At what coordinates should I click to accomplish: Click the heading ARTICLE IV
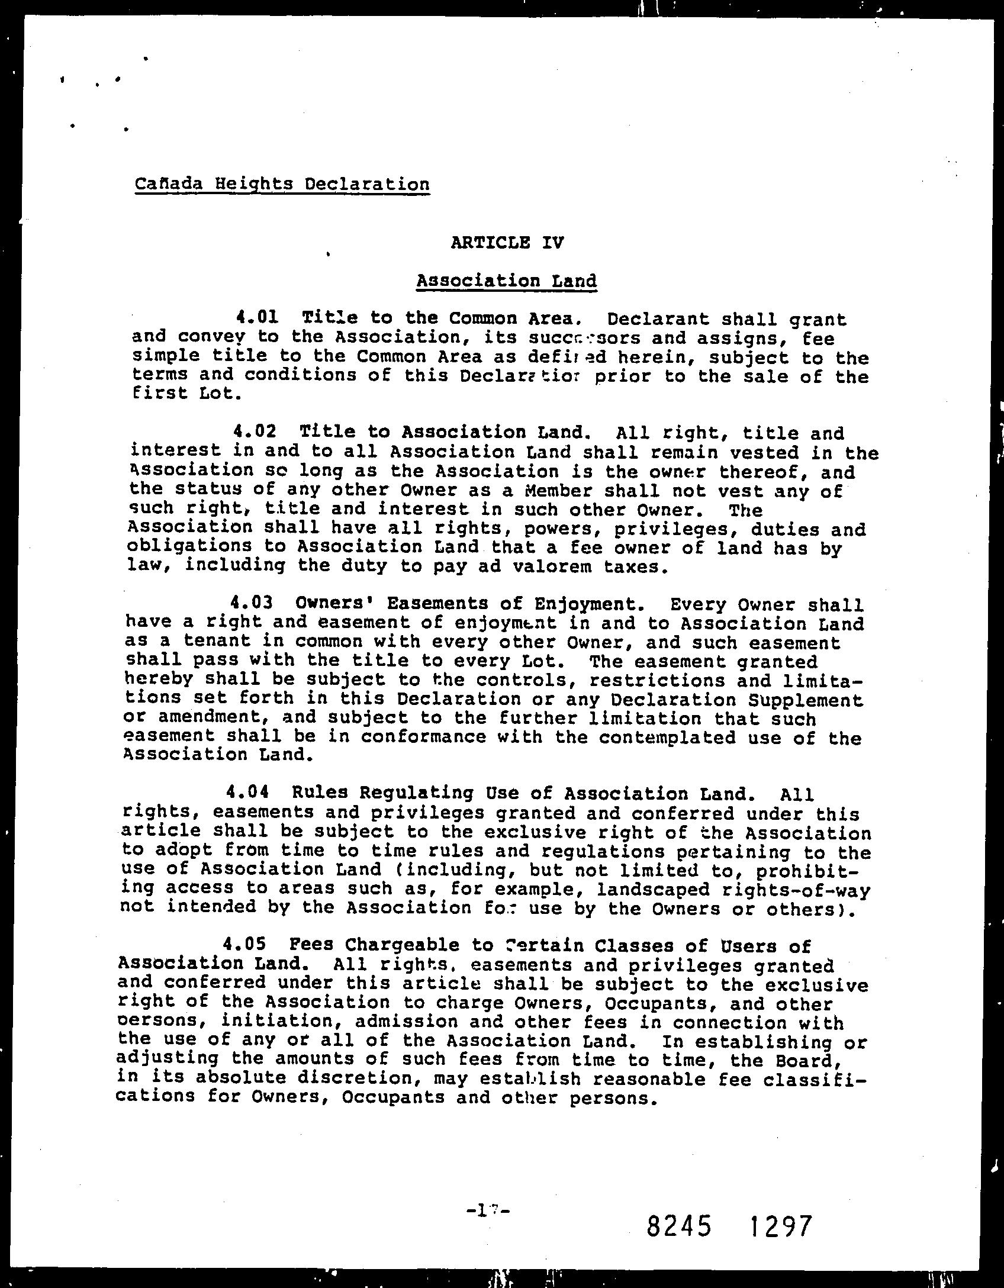507,242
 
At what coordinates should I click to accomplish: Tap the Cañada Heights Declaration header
282,184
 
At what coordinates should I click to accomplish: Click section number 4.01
257,318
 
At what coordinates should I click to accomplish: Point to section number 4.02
255,432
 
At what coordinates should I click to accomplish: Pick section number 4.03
252,603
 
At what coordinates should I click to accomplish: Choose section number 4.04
247,793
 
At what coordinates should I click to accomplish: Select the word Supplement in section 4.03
806,700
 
